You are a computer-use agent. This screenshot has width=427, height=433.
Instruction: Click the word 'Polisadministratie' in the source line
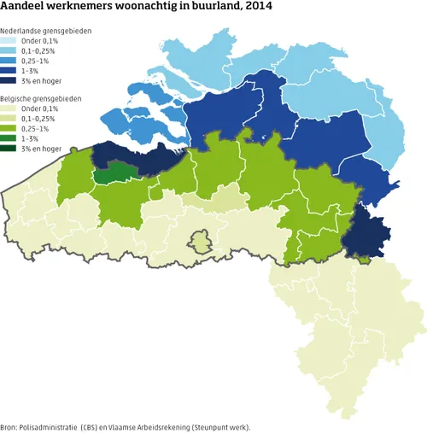point(56,425)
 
